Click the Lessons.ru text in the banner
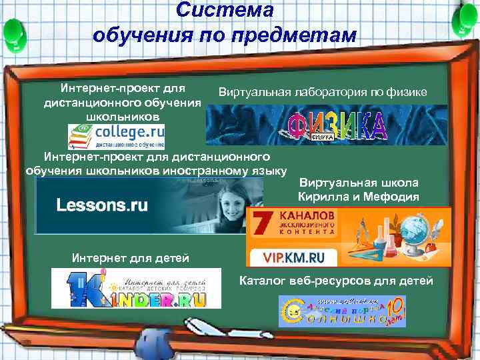(102, 205)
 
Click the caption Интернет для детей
(130, 258)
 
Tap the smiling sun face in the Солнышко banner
(293, 313)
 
